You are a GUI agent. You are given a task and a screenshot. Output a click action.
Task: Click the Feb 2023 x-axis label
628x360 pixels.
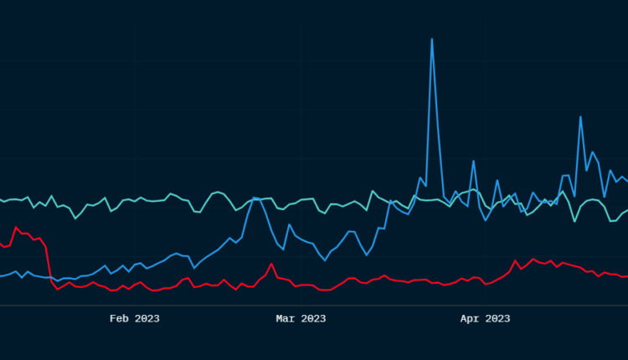[x=135, y=318]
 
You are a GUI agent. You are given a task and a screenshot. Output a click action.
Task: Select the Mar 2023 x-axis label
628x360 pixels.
[x=301, y=318]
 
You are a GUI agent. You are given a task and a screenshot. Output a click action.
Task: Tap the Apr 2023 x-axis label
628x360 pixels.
[x=486, y=318]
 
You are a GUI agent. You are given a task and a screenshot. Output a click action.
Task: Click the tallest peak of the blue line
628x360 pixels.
[x=432, y=39]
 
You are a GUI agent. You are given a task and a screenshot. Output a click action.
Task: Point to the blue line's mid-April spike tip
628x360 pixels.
[x=580, y=116]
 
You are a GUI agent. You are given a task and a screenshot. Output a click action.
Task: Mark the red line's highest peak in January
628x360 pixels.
[x=15, y=227]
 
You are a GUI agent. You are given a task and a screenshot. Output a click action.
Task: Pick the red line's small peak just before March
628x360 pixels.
[x=271, y=264]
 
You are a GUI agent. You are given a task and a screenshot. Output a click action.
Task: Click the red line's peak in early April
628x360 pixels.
[x=516, y=260]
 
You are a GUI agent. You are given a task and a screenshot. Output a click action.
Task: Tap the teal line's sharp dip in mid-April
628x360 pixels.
[x=574, y=221]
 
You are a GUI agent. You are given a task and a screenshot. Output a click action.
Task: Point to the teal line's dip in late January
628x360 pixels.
[x=75, y=219]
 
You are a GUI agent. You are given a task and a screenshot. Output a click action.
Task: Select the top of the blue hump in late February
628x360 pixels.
[x=255, y=198]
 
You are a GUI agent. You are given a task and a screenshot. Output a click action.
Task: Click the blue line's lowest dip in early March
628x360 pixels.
[x=326, y=260]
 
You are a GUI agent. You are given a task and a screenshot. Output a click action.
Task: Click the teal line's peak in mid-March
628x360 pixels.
[x=373, y=191]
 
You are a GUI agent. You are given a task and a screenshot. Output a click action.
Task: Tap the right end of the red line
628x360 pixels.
[x=626, y=276]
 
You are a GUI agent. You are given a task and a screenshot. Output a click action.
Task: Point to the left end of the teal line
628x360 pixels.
[x=2, y=199]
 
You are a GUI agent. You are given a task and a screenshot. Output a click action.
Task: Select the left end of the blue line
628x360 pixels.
[x=2, y=275]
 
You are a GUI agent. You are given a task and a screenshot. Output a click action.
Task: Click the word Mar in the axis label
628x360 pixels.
[x=286, y=318]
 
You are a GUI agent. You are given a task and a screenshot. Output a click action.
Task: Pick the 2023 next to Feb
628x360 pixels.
[x=146, y=318]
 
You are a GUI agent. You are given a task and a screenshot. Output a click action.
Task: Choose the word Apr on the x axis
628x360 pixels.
[x=471, y=318]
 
